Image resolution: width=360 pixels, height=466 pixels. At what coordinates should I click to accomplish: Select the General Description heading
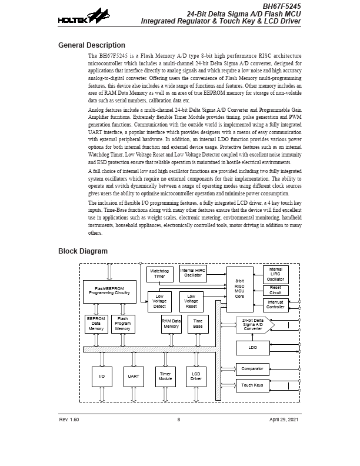(x=91, y=45)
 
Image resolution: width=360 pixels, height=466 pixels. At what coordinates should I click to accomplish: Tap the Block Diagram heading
(x=82, y=251)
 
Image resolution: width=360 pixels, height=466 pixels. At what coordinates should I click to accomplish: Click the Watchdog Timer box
(x=159, y=274)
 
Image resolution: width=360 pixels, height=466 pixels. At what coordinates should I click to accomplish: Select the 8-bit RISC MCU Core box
(x=239, y=288)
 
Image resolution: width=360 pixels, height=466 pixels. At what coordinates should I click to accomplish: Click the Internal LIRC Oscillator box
(x=275, y=274)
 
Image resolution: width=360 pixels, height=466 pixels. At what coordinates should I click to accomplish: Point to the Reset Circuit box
(x=275, y=290)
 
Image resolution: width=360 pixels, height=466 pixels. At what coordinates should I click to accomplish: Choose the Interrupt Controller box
(x=275, y=304)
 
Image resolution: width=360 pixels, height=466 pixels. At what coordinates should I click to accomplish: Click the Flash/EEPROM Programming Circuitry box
(x=109, y=291)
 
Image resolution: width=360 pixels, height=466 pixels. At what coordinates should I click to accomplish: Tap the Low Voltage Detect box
(x=159, y=301)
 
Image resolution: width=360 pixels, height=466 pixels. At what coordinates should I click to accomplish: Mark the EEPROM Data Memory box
(x=96, y=324)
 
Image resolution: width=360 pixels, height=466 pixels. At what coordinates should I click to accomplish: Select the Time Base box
(x=198, y=324)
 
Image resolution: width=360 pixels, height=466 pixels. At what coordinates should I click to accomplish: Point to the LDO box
(x=252, y=348)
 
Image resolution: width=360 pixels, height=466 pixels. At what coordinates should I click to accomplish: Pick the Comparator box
(x=252, y=370)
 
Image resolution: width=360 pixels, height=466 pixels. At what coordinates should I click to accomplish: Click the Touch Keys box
(x=252, y=385)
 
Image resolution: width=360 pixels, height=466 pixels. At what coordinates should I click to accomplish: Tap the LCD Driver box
(x=196, y=377)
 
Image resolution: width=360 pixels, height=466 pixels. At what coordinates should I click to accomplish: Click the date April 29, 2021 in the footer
(x=284, y=420)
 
